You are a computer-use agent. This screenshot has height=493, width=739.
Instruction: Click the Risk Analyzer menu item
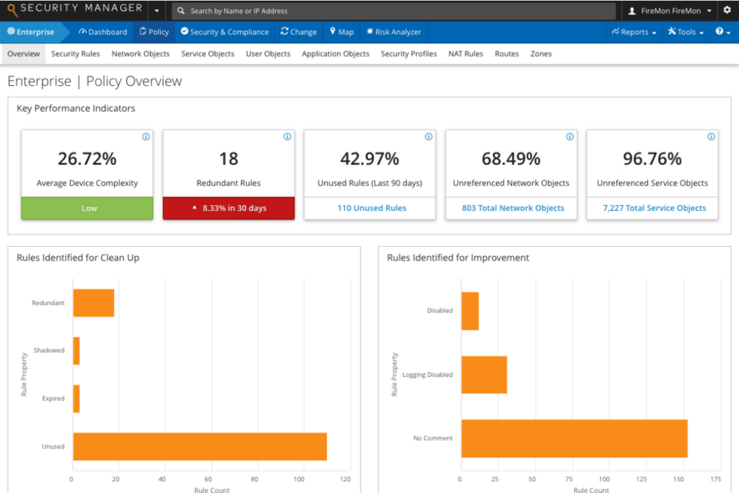tap(394, 32)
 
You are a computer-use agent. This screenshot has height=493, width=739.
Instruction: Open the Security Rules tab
tap(75, 54)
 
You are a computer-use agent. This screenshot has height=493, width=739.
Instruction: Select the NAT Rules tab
tap(465, 54)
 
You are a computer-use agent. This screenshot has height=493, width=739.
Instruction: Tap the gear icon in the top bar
tap(727, 11)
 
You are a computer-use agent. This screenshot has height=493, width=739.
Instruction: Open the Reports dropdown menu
tap(634, 32)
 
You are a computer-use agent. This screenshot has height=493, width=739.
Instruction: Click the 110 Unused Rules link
tap(372, 208)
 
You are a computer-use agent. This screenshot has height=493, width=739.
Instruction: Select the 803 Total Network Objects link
tap(513, 208)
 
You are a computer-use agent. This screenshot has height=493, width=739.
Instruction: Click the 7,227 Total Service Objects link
tap(655, 208)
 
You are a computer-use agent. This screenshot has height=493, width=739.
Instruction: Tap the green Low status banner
tap(89, 208)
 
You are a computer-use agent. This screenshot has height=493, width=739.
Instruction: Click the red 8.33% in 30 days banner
tap(230, 208)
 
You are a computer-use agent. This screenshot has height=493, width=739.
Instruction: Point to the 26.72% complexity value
tap(87, 159)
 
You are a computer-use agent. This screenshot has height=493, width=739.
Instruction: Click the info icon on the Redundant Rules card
tap(287, 136)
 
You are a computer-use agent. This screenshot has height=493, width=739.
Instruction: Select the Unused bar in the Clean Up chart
tap(199, 446)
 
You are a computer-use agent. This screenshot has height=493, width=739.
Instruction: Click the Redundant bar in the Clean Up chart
tap(93, 302)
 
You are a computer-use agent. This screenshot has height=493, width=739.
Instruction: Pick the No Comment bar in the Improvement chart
tap(574, 438)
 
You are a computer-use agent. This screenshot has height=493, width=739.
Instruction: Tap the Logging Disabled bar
tap(484, 375)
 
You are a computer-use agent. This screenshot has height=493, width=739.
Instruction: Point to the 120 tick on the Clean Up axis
tap(345, 479)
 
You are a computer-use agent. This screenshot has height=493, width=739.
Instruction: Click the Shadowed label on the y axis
tap(49, 351)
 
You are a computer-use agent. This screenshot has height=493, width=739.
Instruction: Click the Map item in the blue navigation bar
tap(341, 32)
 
